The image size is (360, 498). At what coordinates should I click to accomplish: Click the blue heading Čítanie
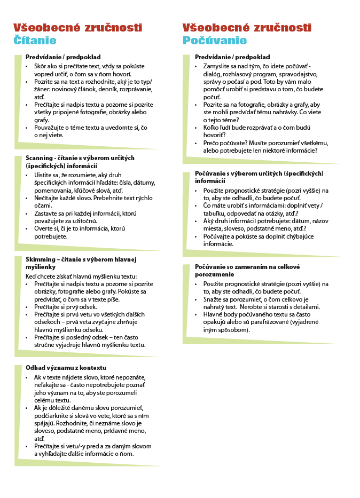coord(35,41)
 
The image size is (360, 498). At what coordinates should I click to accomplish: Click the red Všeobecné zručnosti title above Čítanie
coord(77,28)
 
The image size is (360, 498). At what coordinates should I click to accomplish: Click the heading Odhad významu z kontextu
coord(66,368)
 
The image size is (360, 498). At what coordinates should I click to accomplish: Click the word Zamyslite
coord(218,66)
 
